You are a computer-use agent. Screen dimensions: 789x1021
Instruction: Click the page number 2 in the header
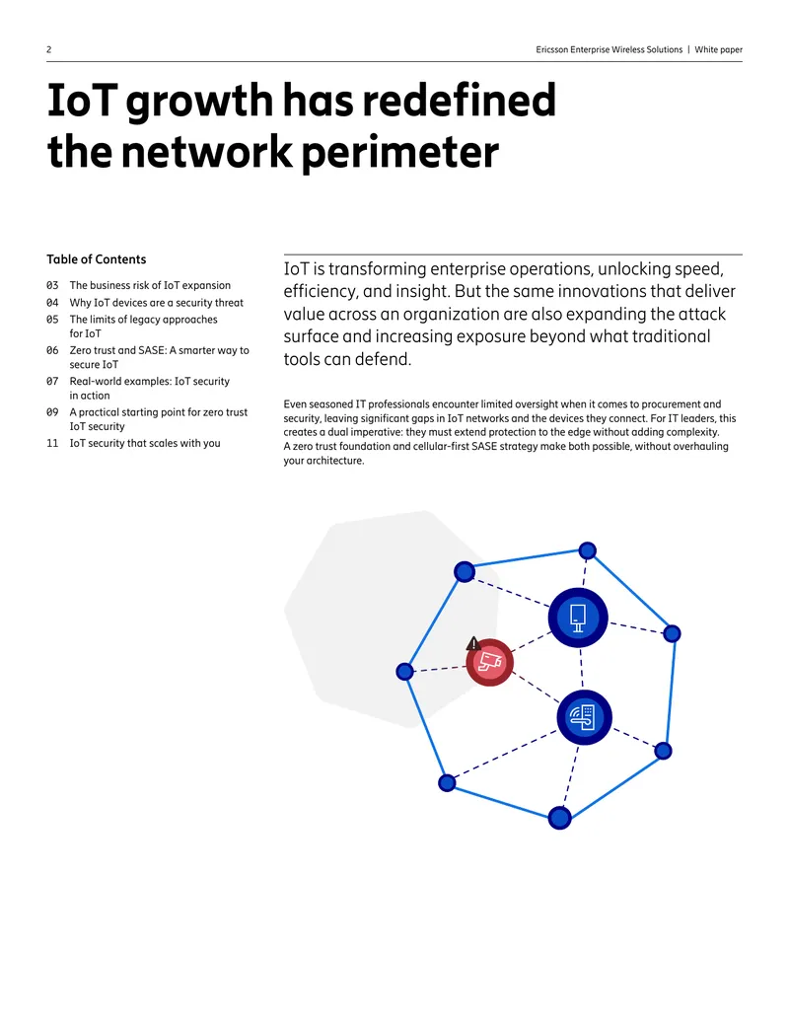pyautogui.click(x=49, y=49)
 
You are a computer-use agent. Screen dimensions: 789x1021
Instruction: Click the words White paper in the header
pyautogui.click(x=718, y=49)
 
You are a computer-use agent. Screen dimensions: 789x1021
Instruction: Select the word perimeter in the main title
pyautogui.click(x=400, y=152)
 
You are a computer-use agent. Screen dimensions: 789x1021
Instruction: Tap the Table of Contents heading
pyautogui.click(x=97, y=259)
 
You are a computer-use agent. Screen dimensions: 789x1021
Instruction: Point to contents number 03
pyautogui.click(x=52, y=285)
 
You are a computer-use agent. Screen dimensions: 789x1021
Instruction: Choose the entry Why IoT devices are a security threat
pyautogui.click(x=156, y=303)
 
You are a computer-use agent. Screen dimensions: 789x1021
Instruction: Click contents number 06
pyautogui.click(x=52, y=350)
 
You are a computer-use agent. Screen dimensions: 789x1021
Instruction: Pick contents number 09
pyautogui.click(x=52, y=412)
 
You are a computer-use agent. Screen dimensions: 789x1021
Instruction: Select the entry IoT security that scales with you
pyautogui.click(x=145, y=444)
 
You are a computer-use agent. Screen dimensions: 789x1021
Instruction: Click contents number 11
pyautogui.click(x=52, y=444)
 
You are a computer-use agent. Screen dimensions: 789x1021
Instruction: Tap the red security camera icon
pyautogui.click(x=489, y=662)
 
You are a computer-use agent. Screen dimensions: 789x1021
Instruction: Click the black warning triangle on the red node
pyautogui.click(x=473, y=644)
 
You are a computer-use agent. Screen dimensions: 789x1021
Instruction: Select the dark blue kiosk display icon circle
pyautogui.click(x=577, y=618)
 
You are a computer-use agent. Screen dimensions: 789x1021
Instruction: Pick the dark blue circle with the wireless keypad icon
pyautogui.click(x=584, y=717)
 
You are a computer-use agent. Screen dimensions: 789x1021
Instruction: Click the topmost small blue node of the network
pyautogui.click(x=587, y=550)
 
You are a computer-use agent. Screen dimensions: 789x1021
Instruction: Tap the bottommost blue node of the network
pyautogui.click(x=559, y=817)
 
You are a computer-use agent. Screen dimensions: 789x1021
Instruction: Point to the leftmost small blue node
pyautogui.click(x=405, y=672)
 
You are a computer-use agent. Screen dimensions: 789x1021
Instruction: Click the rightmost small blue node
pyautogui.click(x=672, y=633)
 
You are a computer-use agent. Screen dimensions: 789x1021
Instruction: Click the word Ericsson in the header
pyautogui.click(x=552, y=49)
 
